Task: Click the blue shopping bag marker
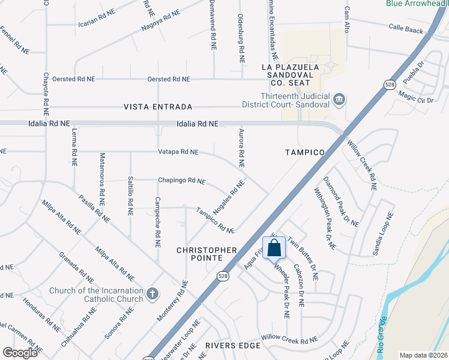point(274,247)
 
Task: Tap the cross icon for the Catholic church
point(152,293)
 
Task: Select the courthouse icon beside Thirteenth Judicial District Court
point(339,98)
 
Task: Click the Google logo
point(20,352)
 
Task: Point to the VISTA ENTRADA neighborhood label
point(158,107)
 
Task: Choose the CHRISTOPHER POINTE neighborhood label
point(206,249)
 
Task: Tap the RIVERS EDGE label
point(233,346)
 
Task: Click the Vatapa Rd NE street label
point(178,152)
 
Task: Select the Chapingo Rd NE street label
point(181,180)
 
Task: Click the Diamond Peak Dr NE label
point(341,202)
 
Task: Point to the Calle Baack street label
point(406,27)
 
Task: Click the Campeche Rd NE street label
point(158,223)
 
